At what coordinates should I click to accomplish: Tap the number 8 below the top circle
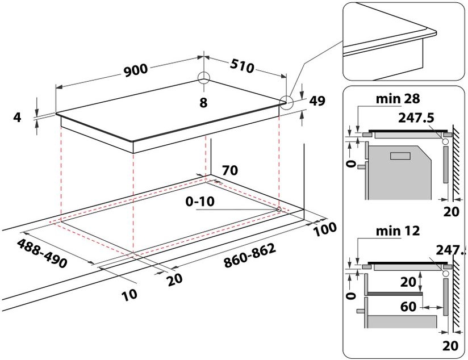click(x=204, y=102)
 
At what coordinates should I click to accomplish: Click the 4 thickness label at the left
click(x=16, y=118)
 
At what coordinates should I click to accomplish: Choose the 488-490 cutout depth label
click(x=43, y=254)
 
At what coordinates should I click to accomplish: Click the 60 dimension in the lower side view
click(x=408, y=307)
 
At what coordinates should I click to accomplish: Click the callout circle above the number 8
click(x=204, y=79)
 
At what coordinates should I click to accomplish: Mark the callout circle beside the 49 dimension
click(x=287, y=102)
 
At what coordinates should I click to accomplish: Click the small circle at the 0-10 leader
click(x=278, y=210)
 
